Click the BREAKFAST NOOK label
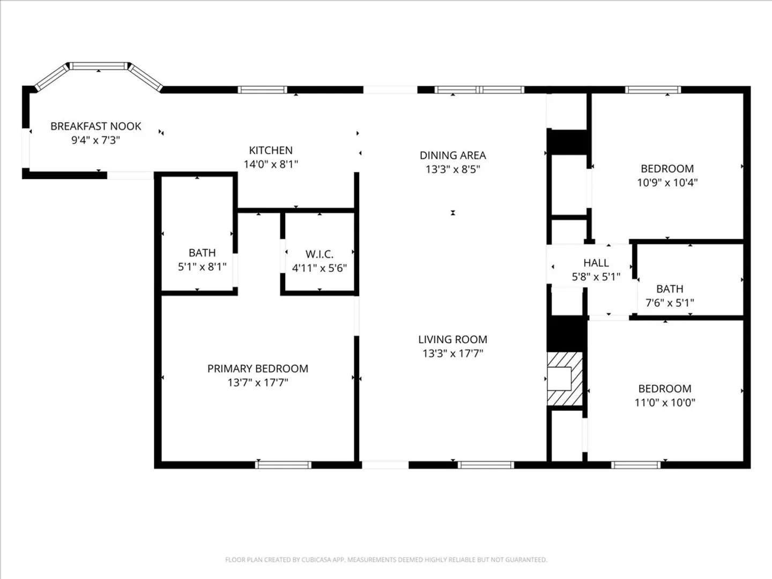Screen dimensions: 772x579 pyautogui.click(x=95, y=126)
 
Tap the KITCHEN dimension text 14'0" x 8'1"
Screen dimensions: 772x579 pyautogui.click(x=271, y=164)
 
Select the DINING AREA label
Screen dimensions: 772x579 pyautogui.click(x=452, y=155)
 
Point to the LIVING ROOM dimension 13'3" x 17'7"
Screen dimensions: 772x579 pyautogui.click(x=452, y=353)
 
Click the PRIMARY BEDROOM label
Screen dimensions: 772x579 pyautogui.click(x=258, y=368)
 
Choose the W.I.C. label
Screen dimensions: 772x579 pyautogui.click(x=320, y=254)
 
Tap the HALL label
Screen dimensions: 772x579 pyautogui.click(x=596, y=263)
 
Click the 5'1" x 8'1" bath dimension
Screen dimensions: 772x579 pyautogui.click(x=202, y=267)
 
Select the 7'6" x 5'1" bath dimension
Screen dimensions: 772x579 pyautogui.click(x=670, y=303)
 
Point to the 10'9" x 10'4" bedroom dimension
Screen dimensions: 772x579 pyautogui.click(x=667, y=182)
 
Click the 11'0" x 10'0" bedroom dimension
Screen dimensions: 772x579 pyautogui.click(x=665, y=402)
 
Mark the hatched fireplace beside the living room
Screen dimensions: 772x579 pyautogui.click(x=565, y=378)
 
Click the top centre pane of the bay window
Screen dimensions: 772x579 pyautogui.click(x=99, y=66)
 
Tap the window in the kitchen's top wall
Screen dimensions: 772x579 pyautogui.click(x=262, y=90)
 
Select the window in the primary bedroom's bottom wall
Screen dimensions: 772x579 pyautogui.click(x=283, y=465)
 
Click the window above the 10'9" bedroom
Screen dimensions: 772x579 pyautogui.click(x=653, y=90)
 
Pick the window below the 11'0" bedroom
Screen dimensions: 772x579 pyautogui.click(x=635, y=465)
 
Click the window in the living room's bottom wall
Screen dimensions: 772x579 pyautogui.click(x=486, y=465)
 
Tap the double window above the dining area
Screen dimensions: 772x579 pyautogui.click(x=479, y=90)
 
